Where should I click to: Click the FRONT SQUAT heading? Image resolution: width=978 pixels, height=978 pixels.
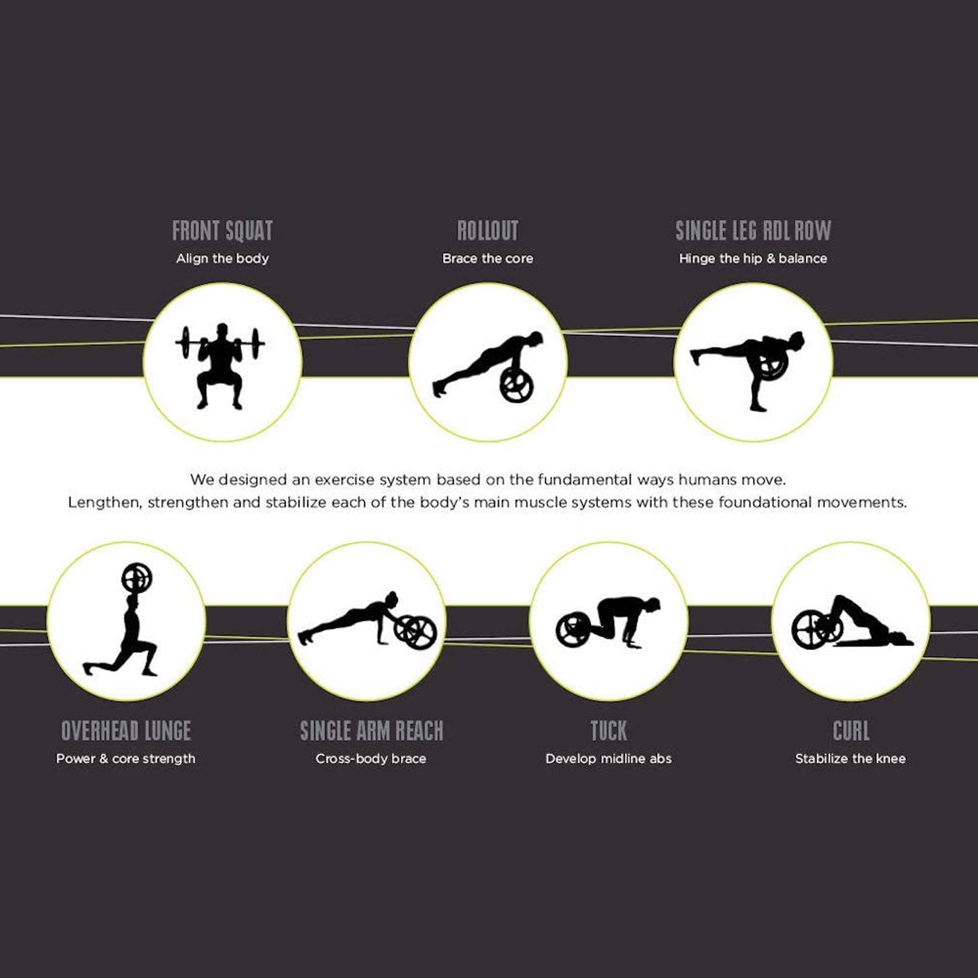pos(222,231)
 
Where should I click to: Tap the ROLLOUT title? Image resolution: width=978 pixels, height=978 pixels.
pos(488,231)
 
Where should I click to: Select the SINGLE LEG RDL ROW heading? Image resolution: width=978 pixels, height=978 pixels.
pos(753,231)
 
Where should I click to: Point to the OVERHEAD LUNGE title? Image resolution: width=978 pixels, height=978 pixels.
pos(126,731)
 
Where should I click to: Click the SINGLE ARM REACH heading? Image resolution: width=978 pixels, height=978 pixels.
pos(372,731)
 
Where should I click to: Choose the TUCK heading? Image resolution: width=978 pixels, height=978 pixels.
pos(609,731)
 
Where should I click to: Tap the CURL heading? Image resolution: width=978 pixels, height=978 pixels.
pos(851,731)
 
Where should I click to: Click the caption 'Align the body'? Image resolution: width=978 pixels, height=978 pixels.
pos(222,258)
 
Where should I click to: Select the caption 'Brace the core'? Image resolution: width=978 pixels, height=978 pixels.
pos(488,258)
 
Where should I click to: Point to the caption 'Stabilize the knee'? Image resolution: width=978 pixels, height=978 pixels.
pos(850,758)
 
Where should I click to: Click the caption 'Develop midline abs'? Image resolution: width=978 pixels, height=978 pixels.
pos(608,758)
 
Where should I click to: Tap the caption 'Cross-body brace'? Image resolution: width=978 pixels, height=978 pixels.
pos(371,758)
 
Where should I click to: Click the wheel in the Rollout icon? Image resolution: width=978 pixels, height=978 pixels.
pos(517,385)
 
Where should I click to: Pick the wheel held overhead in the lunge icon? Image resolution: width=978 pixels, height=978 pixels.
pos(137,578)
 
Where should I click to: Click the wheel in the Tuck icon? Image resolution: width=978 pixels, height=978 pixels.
pos(573,629)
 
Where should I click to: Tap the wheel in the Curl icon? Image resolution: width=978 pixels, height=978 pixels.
pos(808,629)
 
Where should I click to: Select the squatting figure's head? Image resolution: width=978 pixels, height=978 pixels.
pos(222,331)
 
